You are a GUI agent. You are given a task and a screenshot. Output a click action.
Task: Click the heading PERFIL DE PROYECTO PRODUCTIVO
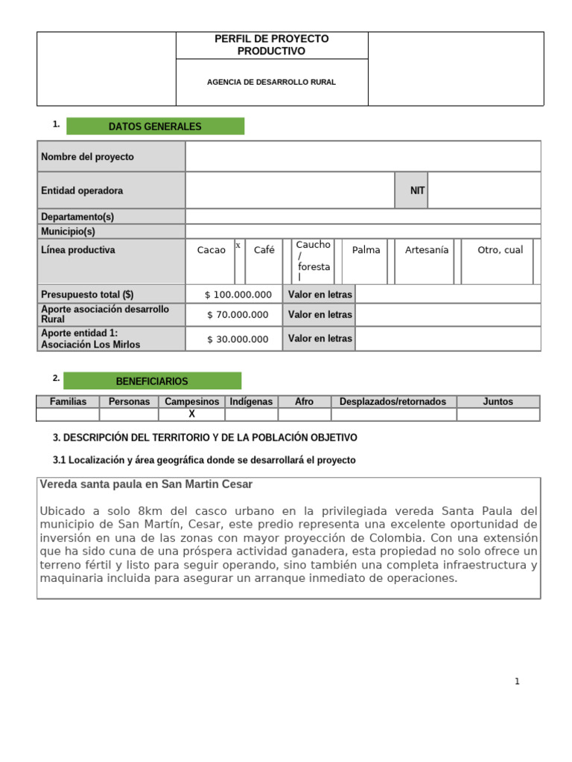271,45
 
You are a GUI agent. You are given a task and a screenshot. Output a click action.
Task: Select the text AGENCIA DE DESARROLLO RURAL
271,82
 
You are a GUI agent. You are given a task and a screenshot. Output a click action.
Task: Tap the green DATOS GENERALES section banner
155,127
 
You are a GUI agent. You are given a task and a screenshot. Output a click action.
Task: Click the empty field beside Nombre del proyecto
363,157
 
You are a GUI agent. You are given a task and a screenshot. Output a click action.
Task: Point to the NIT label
417,190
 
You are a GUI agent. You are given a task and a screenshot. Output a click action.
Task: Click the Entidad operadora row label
82,190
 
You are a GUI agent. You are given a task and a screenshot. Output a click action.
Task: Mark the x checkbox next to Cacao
238,246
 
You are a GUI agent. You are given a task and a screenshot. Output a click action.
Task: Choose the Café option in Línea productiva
264,250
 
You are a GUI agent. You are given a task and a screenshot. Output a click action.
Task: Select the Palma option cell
366,250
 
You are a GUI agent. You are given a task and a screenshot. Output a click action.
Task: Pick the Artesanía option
427,250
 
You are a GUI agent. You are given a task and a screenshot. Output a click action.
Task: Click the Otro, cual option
500,250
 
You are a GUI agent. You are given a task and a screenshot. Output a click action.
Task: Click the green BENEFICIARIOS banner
152,381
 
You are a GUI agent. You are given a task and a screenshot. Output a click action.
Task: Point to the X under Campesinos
191,414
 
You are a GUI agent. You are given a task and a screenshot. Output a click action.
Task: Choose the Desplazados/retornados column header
393,402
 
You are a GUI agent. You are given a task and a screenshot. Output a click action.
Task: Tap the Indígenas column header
251,402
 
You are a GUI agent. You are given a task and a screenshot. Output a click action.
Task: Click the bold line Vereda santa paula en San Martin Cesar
146,484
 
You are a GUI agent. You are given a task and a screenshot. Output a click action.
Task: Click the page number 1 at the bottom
517,682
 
